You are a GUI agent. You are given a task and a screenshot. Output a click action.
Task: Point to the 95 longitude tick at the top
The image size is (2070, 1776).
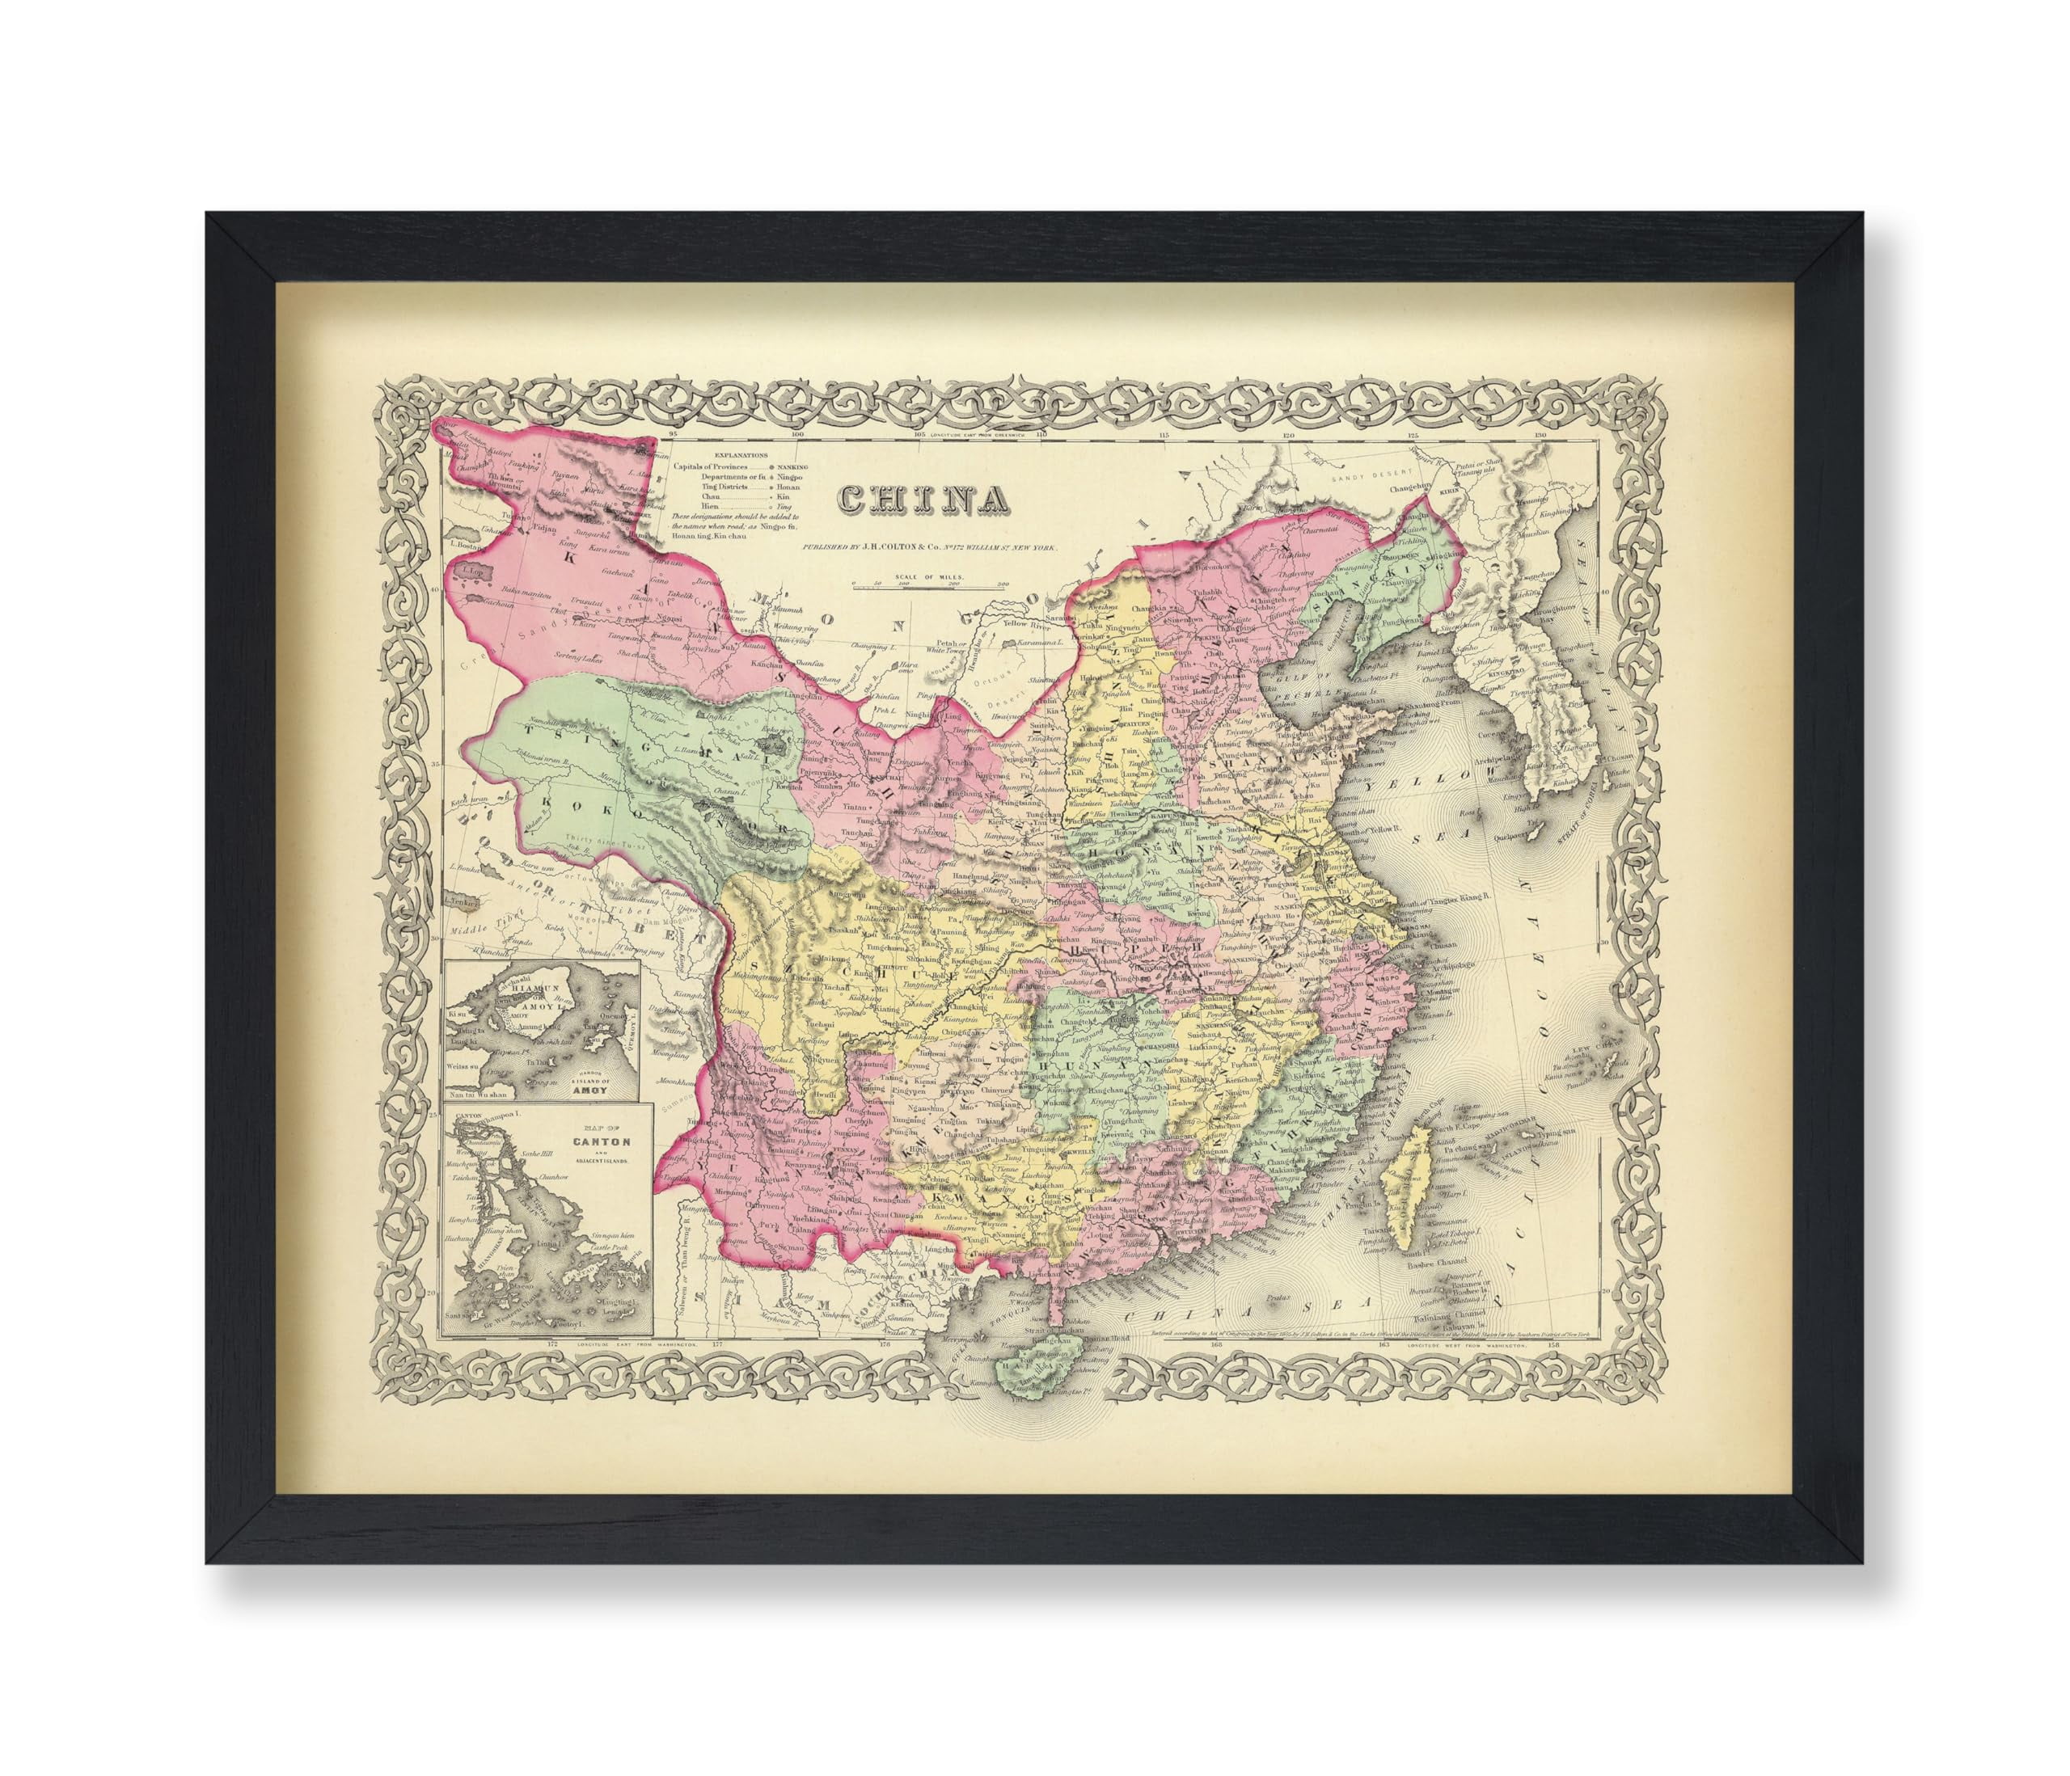pyautogui.click(x=673, y=436)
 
